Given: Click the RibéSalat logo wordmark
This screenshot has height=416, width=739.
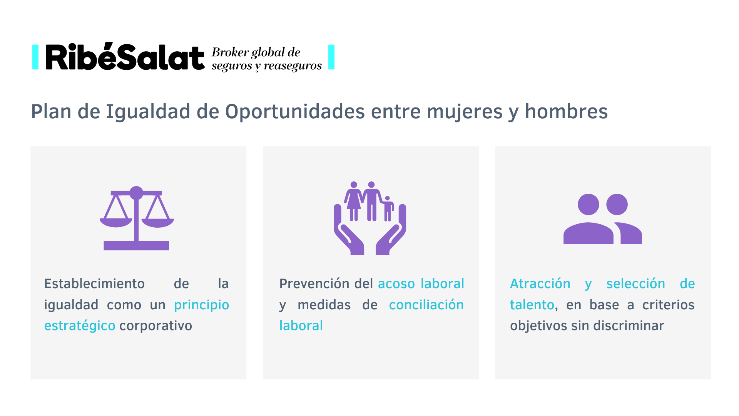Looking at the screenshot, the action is tap(125, 57).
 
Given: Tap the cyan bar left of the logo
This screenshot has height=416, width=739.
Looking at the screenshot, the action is tap(35, 57).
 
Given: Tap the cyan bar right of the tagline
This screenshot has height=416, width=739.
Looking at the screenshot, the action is tap(331, 57).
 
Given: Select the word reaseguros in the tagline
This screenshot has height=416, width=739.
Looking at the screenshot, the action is tap(293, 66).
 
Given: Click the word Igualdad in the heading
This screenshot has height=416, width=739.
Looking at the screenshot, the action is tap(148, 112).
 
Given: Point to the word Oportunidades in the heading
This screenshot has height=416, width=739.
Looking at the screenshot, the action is tap(295, 112).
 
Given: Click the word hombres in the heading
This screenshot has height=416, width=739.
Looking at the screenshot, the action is tap(566, 112).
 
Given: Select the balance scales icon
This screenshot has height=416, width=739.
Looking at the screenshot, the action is tap(137, 218).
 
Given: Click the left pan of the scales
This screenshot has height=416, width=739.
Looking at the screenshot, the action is tap(116, 222).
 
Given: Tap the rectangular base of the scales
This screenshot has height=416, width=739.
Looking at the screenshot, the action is tap(136, 246).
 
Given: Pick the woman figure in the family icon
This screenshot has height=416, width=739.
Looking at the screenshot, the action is tap(353, 201).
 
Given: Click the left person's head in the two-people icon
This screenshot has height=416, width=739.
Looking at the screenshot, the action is tap(588, 205).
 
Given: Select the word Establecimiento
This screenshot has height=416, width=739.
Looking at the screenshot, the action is tap(94, 284).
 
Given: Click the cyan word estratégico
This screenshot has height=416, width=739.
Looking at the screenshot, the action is tap(80, 326).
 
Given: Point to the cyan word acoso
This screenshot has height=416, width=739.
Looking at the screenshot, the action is tap(396, 284).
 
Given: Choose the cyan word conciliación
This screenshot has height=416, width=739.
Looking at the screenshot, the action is tap(426, 305).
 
